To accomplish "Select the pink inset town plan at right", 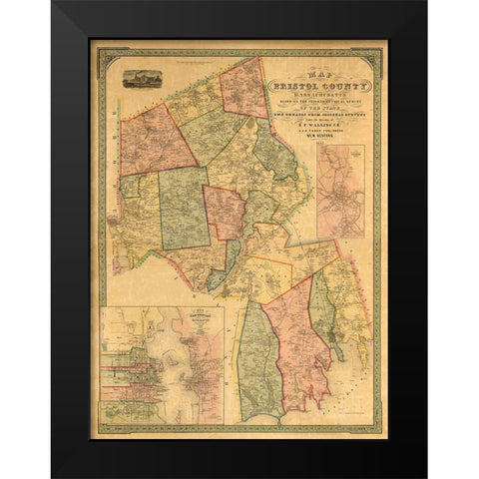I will click(x=340, y=191).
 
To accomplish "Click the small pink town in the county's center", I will click(x=225, y=212).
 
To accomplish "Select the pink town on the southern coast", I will click(x=298, y=365).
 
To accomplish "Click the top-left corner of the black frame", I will click(x=56, y=6).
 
